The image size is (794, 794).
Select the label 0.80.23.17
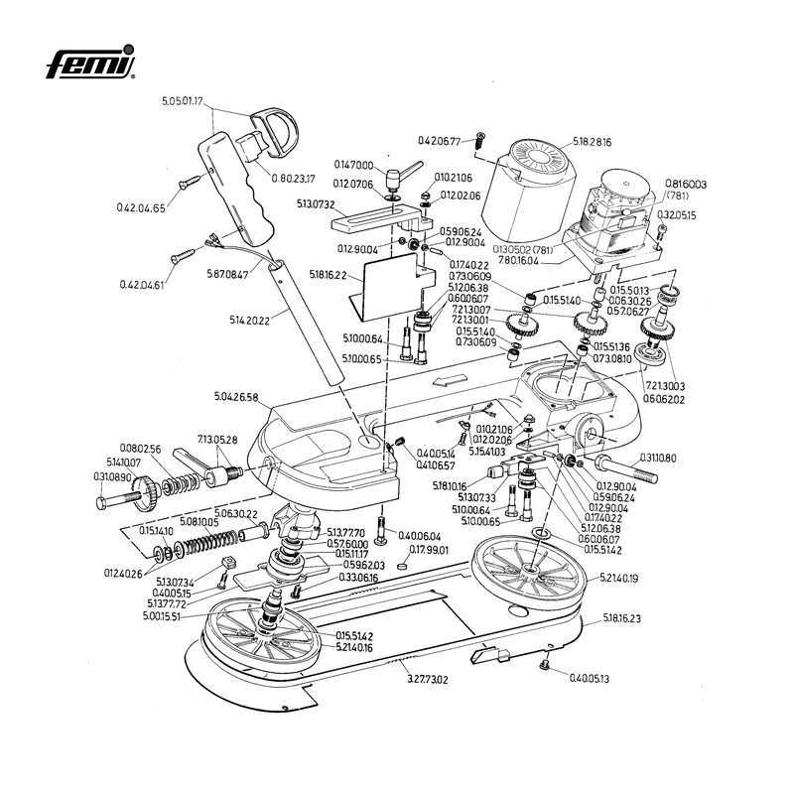(x=294, y=179)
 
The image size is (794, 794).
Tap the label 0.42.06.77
(x=440, y=142)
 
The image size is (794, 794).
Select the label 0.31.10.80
(x=654, y=459)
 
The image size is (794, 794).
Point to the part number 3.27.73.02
(x=428, y=680)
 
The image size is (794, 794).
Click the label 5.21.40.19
(x=619, y=578)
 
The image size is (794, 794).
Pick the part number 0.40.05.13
(x=589, y=679)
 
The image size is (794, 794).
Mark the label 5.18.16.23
(x=621, y=618)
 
